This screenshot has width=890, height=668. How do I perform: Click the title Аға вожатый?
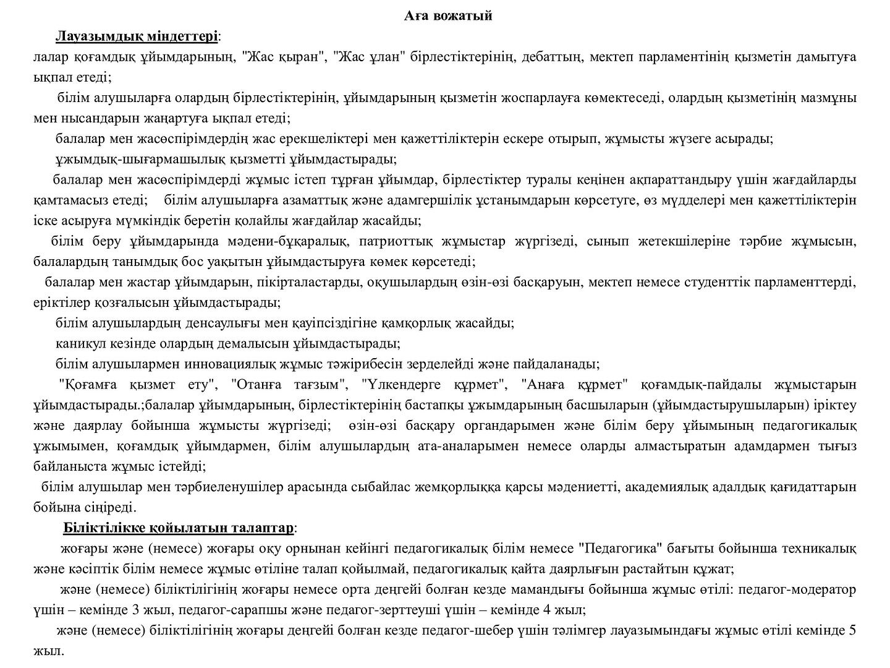448,16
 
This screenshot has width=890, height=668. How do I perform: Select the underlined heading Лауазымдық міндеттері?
137,36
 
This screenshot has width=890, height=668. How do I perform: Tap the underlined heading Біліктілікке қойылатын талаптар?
179,528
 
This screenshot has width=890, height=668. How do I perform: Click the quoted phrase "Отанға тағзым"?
289,385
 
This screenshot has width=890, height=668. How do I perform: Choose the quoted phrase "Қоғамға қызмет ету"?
138,385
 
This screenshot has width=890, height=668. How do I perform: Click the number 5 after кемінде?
853,631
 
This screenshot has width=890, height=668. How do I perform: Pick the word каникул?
80,343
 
